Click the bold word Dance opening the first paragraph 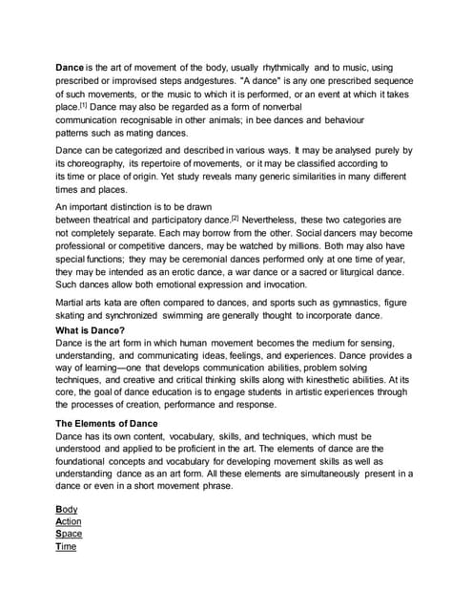[x=71, y=68]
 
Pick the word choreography [x=97, y=163]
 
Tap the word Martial [x=72, y=303]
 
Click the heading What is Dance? [x=92, y=330]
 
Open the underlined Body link [x=66, y=509]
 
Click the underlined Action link [x=69, y=521]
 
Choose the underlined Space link [x=69, y=534]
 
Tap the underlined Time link [x=66, y=546]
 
